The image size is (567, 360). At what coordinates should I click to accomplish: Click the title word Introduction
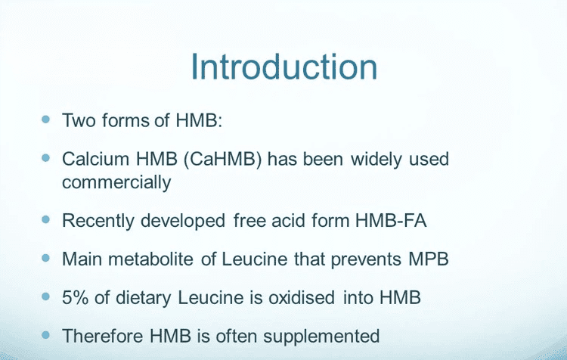[283, 67]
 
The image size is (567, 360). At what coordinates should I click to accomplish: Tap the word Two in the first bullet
[79, 120]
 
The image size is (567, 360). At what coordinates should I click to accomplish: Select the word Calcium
[95, 159]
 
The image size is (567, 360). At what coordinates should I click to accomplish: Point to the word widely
[376, 159]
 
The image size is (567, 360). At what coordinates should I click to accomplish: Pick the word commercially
[116, 182]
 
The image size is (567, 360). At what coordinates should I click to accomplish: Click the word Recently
[98, 221]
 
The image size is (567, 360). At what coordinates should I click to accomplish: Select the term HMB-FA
[391, 220]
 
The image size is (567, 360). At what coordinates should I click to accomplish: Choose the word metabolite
[150, 259]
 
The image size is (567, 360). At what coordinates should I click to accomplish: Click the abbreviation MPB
[429, 259]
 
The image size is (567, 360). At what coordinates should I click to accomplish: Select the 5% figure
[75, 297]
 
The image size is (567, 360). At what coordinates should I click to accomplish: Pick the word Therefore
[103, 336]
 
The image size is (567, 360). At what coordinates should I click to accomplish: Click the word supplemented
[321, 337]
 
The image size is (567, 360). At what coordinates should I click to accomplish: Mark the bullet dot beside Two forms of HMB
[45, 119]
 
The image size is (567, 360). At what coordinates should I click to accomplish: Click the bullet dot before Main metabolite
[45, 258]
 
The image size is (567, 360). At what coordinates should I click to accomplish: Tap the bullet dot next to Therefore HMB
[45, 335]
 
